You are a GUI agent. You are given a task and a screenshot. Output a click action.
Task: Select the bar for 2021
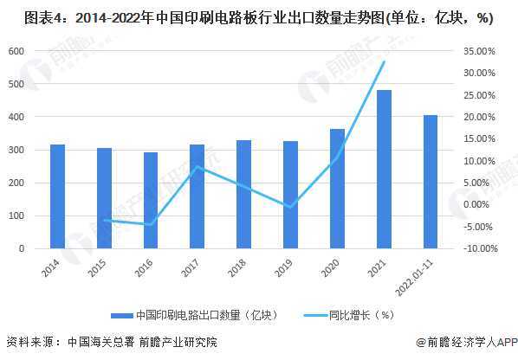click(x=384, y=169)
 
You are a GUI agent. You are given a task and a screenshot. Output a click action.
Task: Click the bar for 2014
click(x=57, y=196)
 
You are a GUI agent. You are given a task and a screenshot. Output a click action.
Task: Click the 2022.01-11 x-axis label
click(x=420, y=275)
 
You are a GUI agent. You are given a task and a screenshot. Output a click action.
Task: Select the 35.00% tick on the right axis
click(x=479, y=51)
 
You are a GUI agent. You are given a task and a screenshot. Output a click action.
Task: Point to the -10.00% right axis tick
click(x=478, y=248)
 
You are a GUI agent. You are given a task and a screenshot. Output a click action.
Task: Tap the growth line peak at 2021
click(x=384, y=62)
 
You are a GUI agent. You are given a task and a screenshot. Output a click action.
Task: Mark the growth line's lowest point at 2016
click(x=151, y=225)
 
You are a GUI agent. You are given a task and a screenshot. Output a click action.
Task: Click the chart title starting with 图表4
click(x=248, y=20)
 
